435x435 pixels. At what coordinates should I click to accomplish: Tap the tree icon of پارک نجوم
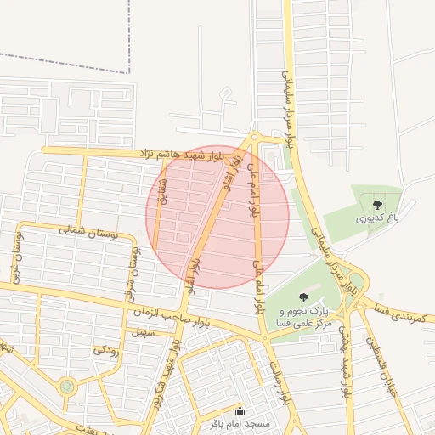click(x=303, y=297)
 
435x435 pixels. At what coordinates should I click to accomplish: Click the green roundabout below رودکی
click(x=67, y=387)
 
